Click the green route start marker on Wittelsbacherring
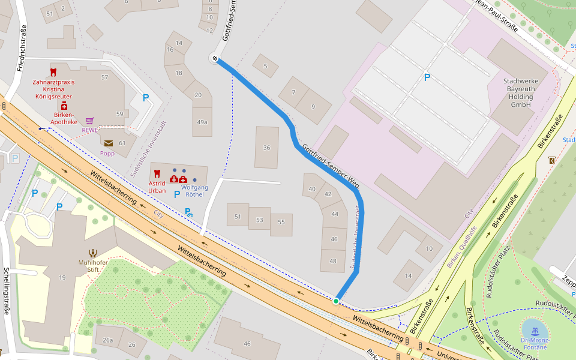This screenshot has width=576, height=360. [336, 301]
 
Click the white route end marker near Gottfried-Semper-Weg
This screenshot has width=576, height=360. [214, 58]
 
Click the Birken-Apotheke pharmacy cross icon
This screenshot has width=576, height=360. [64, 106]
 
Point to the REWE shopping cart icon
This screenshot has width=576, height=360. [89, 121]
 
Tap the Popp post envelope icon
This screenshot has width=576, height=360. [108, 143]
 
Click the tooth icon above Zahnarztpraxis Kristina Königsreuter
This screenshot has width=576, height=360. [53, 72]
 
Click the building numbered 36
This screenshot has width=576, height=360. [266, 148]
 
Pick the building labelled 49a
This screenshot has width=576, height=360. [202, 122]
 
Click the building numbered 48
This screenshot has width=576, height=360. [334, 261]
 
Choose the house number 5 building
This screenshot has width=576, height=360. [265, 66]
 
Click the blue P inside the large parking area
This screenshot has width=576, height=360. [427, 77]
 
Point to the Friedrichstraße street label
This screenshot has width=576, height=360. [22, 48]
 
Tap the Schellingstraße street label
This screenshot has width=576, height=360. [7, 291]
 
